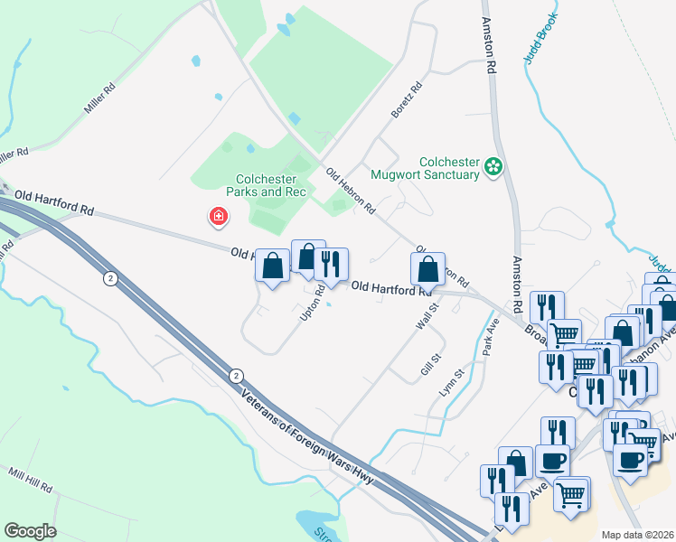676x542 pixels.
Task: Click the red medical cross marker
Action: (218, 216)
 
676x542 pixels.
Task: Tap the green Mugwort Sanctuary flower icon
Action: (493, 165)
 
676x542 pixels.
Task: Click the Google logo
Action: (30, 531)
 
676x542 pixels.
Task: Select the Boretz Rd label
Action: (408, 101)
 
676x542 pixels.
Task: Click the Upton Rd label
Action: (313, 303)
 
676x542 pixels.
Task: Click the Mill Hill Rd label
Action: (30, 479)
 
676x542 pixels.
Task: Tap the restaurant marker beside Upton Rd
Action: (332, 264)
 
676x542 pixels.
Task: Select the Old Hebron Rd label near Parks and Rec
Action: (351, 192)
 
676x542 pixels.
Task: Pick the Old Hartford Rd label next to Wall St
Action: (390, 288)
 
